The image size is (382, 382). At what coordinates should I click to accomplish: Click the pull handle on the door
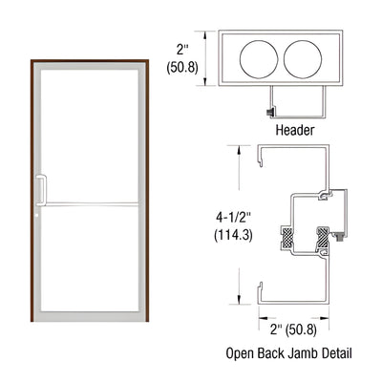point(40,189)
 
